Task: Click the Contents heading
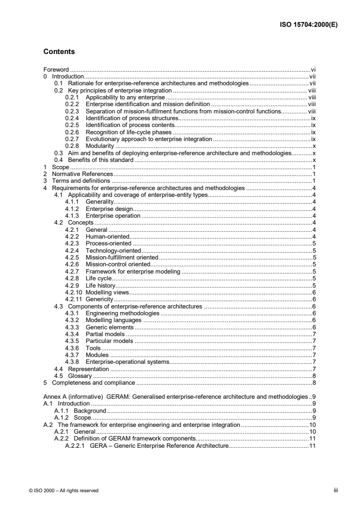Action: click(59, 52)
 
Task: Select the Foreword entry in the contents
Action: click(56, 70)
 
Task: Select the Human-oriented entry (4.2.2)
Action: click(108, 236)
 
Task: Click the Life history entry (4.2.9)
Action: click(100, 285)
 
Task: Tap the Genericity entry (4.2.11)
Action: click(99, 299)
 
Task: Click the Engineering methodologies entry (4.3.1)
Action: click(122, 313)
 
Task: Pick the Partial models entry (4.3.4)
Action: click(105, 334)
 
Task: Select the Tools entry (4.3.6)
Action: click(93, 348)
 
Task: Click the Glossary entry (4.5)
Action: click(80, 376)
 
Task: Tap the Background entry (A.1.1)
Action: click(89, 411)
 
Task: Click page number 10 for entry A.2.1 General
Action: click(312, 431)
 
